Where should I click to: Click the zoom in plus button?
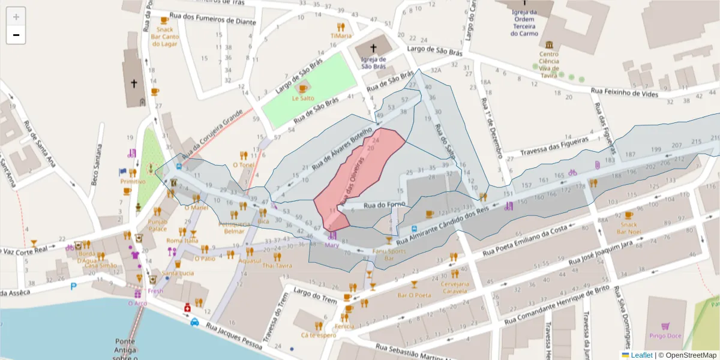pyautogui.click(x=16, y=17)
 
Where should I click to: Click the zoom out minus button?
pyautogui.click(x=16, y=35)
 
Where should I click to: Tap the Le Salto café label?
pyautogui.click(x=303, y=98)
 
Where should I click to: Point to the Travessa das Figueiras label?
pyautogui.click(x=553, y=151)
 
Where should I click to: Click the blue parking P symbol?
pyautogui.click(x=74, y=286)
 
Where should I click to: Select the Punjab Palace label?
pyautogui.click(x=158, y=225)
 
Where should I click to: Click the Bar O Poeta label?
pyautogui.click(x=414, y=295)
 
